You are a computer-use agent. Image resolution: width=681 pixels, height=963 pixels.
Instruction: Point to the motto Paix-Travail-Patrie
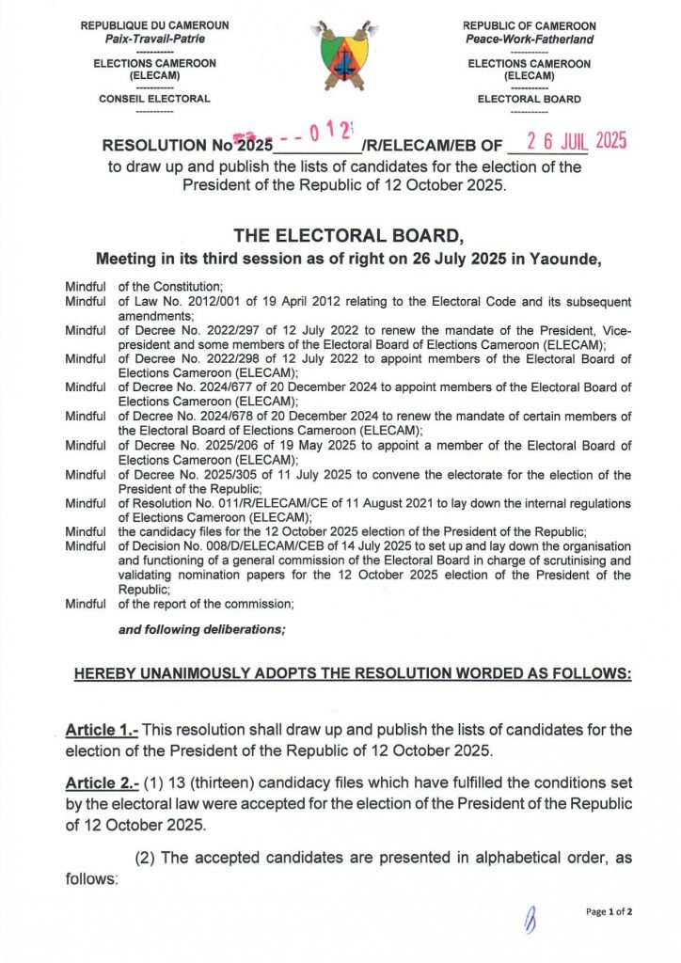tap(154, 39)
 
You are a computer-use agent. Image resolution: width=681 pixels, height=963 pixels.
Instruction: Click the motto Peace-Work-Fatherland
tap(529, 39)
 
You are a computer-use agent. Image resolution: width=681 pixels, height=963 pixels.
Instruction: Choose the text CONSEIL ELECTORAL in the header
tap(154, 99)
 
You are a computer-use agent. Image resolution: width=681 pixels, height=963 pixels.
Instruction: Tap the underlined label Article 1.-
tap(103, 730)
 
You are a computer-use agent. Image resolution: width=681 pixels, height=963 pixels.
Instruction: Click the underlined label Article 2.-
tap(103, 782)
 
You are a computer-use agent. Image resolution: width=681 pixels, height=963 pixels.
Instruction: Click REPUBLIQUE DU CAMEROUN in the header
tap(154, 25)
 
